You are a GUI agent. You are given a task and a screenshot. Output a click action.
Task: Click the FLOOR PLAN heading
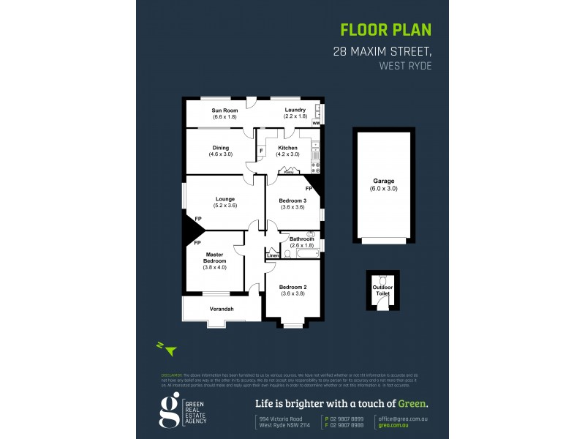386,30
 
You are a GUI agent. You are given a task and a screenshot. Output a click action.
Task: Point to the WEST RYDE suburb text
405,66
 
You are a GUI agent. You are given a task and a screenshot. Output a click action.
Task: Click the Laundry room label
295,110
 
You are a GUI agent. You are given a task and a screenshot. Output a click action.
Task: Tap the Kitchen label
288,149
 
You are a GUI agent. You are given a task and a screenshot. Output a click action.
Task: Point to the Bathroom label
301,239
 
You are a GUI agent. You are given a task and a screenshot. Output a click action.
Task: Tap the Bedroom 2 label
292,287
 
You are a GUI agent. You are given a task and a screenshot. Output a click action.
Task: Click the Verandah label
222,309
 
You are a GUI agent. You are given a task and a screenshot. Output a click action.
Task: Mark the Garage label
384,181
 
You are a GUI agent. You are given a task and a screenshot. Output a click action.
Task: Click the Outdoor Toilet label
383,290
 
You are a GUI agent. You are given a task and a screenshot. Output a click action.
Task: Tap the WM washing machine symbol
316,123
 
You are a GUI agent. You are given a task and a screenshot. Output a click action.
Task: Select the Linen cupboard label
273,255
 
